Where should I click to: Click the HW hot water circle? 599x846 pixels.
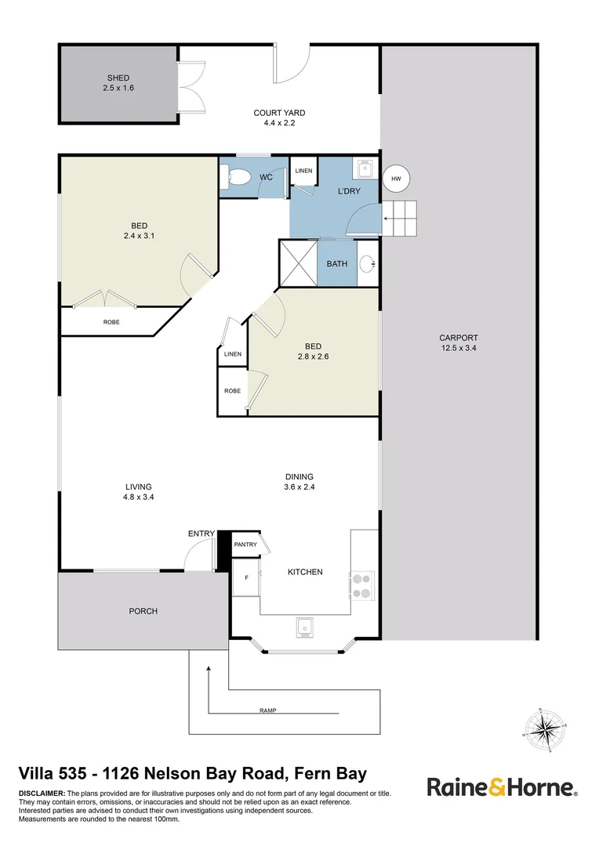click(397, 179)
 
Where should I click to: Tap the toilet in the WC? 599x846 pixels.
click(235, 178)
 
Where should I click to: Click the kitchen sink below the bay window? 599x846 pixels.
click(305, 627)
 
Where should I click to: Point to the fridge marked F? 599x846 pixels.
click(247, 578)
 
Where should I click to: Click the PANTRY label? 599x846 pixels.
click(246, 544)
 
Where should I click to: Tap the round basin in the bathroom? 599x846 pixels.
click(366, 264)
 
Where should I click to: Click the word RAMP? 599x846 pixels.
click(267, 710)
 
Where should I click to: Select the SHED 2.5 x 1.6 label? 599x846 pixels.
click(118, 83)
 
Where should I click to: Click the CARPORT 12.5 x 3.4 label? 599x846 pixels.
click(459, 343)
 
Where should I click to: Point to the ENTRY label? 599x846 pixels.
click(201, 534)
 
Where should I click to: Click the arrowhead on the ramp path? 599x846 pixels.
click(209, 669)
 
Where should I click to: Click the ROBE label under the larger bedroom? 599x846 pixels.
click(111, 322)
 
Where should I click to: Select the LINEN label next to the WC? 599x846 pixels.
click(303, 171)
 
